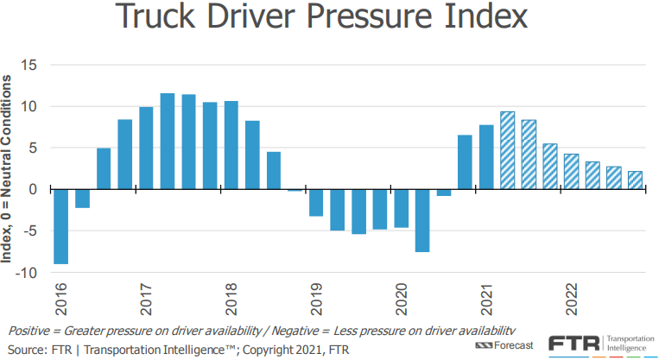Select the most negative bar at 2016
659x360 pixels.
point(60,226)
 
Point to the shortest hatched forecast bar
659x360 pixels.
point(635,180)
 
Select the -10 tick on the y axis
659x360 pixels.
point(28,273)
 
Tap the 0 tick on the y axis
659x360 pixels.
point(34,189)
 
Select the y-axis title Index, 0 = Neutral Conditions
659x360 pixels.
point(10,168)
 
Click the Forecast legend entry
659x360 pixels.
point(516,345)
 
